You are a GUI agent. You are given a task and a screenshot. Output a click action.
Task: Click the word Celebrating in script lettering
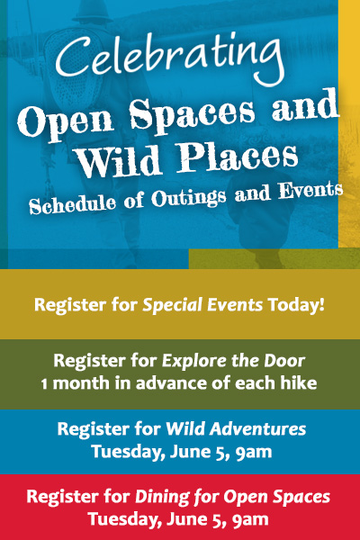click(x=170, y=58)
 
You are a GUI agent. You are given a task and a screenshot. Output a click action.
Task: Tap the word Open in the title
click(x=66, y=123)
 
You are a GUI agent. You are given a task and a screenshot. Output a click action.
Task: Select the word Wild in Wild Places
click(x=118, y=161)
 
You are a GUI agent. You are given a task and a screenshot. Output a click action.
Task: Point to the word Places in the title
click(x=238, y=157)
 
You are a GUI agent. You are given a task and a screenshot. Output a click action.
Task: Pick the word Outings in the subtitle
click(x=188, y=197)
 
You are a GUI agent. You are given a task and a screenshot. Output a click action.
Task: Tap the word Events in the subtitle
click(x=310, y=190)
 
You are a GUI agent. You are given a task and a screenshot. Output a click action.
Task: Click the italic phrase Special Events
click(x=202, y=305)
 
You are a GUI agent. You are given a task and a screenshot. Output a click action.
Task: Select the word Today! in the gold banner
click(x=296, y=304)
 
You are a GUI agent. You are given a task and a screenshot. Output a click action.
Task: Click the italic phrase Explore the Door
click(x=234, y=361)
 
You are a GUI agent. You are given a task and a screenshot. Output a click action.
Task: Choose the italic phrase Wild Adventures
click(x=236, y=429)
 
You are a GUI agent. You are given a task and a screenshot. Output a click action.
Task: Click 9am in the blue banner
click(x=254, y=452)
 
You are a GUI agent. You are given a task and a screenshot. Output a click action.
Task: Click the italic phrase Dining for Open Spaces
click(x=232, y=497)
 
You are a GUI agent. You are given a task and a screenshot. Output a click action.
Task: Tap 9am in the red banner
click(x=250, y=519)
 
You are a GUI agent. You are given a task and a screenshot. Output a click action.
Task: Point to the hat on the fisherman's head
click(x=93, y=12)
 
